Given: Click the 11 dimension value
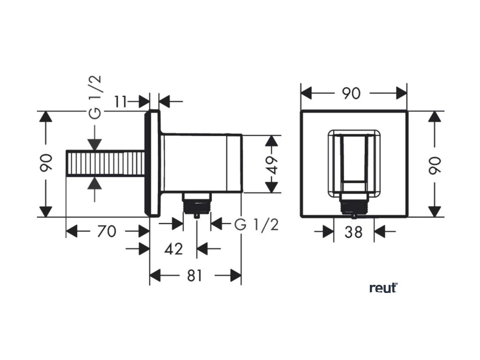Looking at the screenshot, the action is click(121, 101).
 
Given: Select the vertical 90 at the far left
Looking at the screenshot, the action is click(45, 164).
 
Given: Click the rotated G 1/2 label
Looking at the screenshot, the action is click(95, 97).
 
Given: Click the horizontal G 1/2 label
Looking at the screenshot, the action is click(256, 225).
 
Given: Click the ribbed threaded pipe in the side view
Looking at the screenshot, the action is click(105, 164).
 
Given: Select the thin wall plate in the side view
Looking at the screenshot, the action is click(153, 164).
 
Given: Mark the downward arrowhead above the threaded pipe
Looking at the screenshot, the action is click(95, 144).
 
